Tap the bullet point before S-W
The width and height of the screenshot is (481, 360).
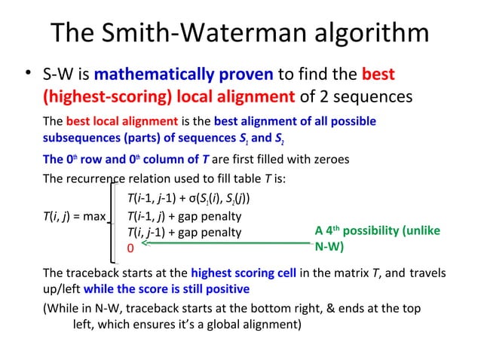[26, 74]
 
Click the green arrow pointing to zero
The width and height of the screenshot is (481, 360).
[226, 243]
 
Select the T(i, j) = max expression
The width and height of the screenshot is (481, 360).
[73, 216]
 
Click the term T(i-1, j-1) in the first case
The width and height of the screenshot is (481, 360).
[156, 199]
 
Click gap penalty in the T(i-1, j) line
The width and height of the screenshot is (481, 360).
[210, 216]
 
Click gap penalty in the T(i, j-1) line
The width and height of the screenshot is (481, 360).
[210, 232]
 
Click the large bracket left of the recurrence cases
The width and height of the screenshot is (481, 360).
[115, 216]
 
